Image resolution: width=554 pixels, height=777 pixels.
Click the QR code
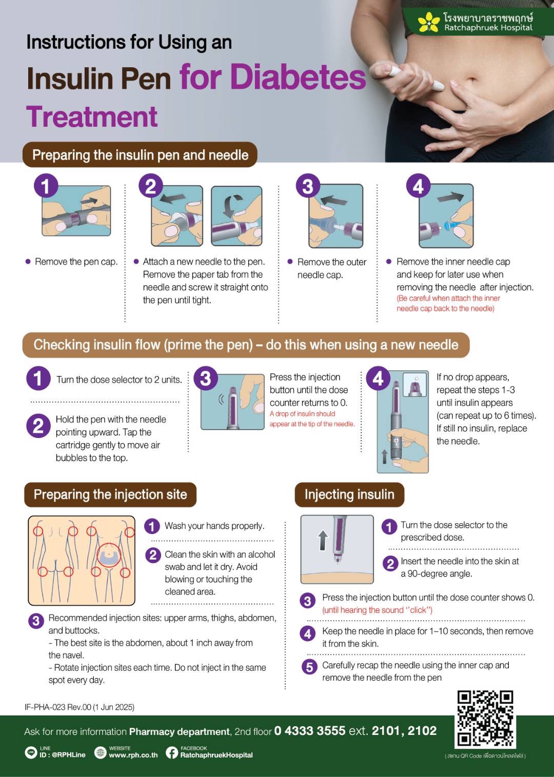coord(485,719)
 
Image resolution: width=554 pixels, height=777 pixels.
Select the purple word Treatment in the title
coord(92,116)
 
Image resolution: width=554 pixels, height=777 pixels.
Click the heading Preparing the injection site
coord(110,494)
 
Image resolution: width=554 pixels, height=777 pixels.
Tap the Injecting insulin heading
coord(349,494)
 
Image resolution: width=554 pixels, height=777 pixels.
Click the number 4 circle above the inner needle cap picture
coord(418,186)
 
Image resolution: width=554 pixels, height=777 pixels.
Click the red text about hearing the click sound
coord(378,610)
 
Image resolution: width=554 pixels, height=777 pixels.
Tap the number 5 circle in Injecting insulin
coord(309,667)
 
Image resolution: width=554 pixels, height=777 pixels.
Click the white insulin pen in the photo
coord(417,78)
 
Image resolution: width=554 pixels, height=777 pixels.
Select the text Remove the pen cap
coord(76,262)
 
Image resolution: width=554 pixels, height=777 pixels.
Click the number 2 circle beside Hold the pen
coord(38,426)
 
